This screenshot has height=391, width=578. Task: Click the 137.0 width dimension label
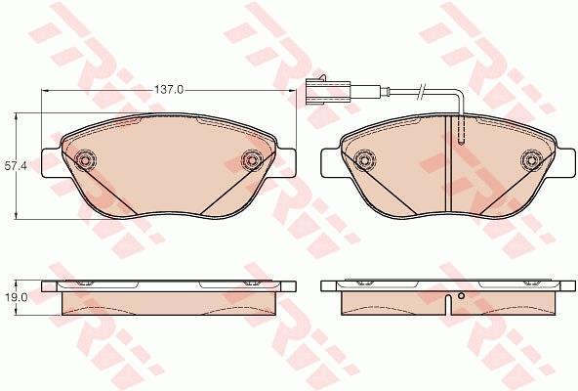pyautogui.click(x=169, y=90)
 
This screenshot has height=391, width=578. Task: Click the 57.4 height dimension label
pyautogui.click(x=14, y=166)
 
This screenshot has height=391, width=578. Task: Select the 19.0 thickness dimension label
pyautogui.click(x=14, y=298)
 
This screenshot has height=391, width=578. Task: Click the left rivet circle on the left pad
pyautogui.click(x=85, y=160)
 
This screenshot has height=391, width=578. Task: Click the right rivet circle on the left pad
pyautogui.click(x=252, y=160)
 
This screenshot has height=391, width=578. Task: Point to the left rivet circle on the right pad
pyautogui.click(x=364, y=160)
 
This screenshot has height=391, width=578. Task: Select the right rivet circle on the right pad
pyautogui.click(x=531, y=160)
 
